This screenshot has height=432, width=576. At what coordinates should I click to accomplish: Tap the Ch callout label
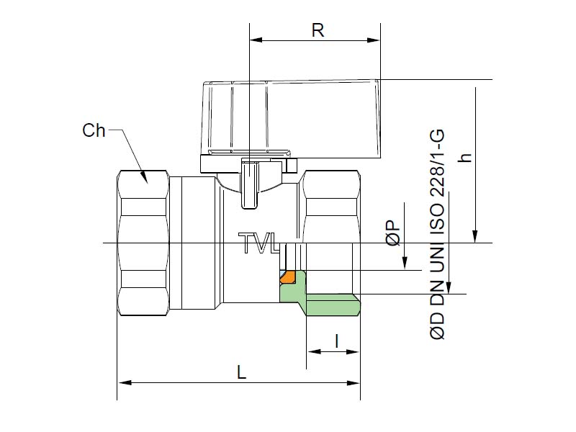pos(94,130)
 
